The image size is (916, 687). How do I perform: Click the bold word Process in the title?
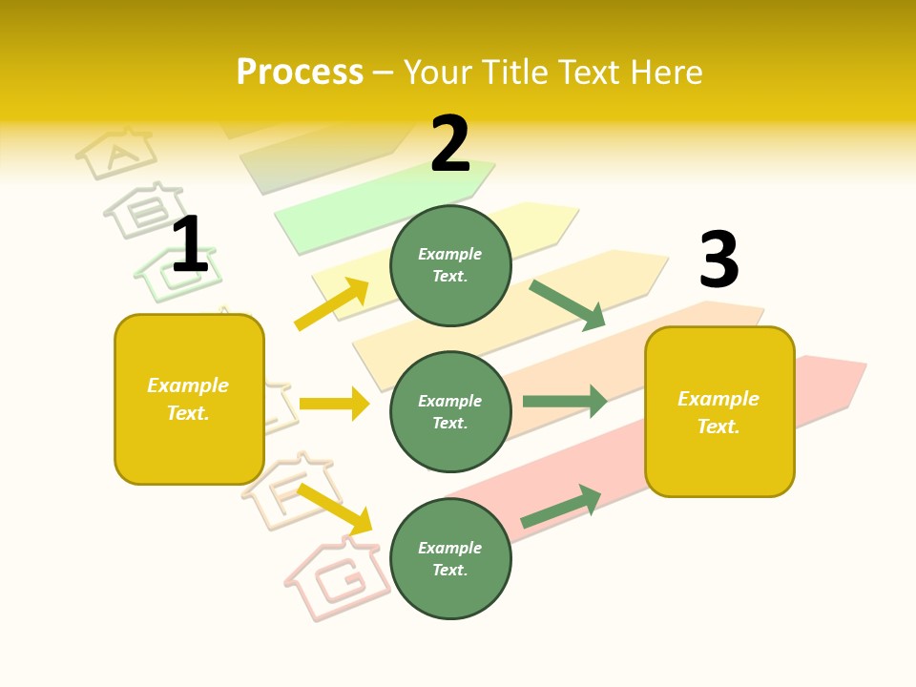(x=300, y=73)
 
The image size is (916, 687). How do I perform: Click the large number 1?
(x=189, y=244)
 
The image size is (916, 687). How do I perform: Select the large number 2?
(x=450, y=144)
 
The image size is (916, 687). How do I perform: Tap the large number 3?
(x=718, y=260)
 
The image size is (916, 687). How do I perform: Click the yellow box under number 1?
(x=189, y=399)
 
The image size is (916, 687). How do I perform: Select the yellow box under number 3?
(x=719, y=411)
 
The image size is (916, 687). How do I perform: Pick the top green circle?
(x=450, y=264)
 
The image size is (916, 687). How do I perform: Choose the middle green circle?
(x=450, y=411)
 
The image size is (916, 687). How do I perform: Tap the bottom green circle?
(x=450, y=558)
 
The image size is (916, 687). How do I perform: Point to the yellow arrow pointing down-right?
(x=334, y=509)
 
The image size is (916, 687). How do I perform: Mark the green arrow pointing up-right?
(x=561, y=507)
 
